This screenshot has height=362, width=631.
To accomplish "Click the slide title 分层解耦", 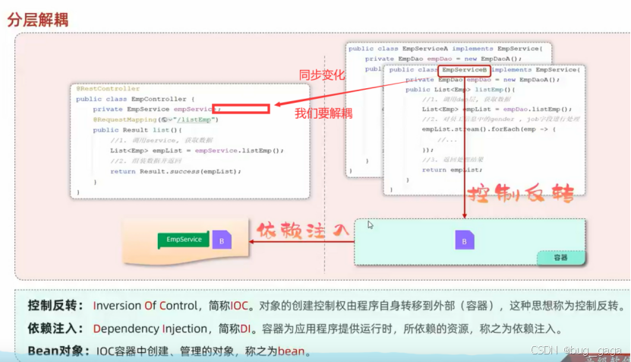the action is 37,19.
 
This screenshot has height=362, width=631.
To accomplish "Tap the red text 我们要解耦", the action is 323,113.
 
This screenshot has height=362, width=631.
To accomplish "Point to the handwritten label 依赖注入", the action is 302,229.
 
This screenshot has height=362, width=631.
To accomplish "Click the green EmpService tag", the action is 184,240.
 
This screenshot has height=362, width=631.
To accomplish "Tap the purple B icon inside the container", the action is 464,242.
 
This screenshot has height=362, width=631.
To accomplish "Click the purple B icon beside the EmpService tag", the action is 222,240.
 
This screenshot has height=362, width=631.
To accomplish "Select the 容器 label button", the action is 560,258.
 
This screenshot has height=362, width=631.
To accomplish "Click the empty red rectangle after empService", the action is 241,109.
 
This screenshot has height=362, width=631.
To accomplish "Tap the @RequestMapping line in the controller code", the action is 156,119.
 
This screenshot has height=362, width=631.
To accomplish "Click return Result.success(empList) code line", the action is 175,171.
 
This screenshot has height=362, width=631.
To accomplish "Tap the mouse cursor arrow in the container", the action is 371,225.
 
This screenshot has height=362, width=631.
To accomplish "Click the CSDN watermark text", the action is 543,350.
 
